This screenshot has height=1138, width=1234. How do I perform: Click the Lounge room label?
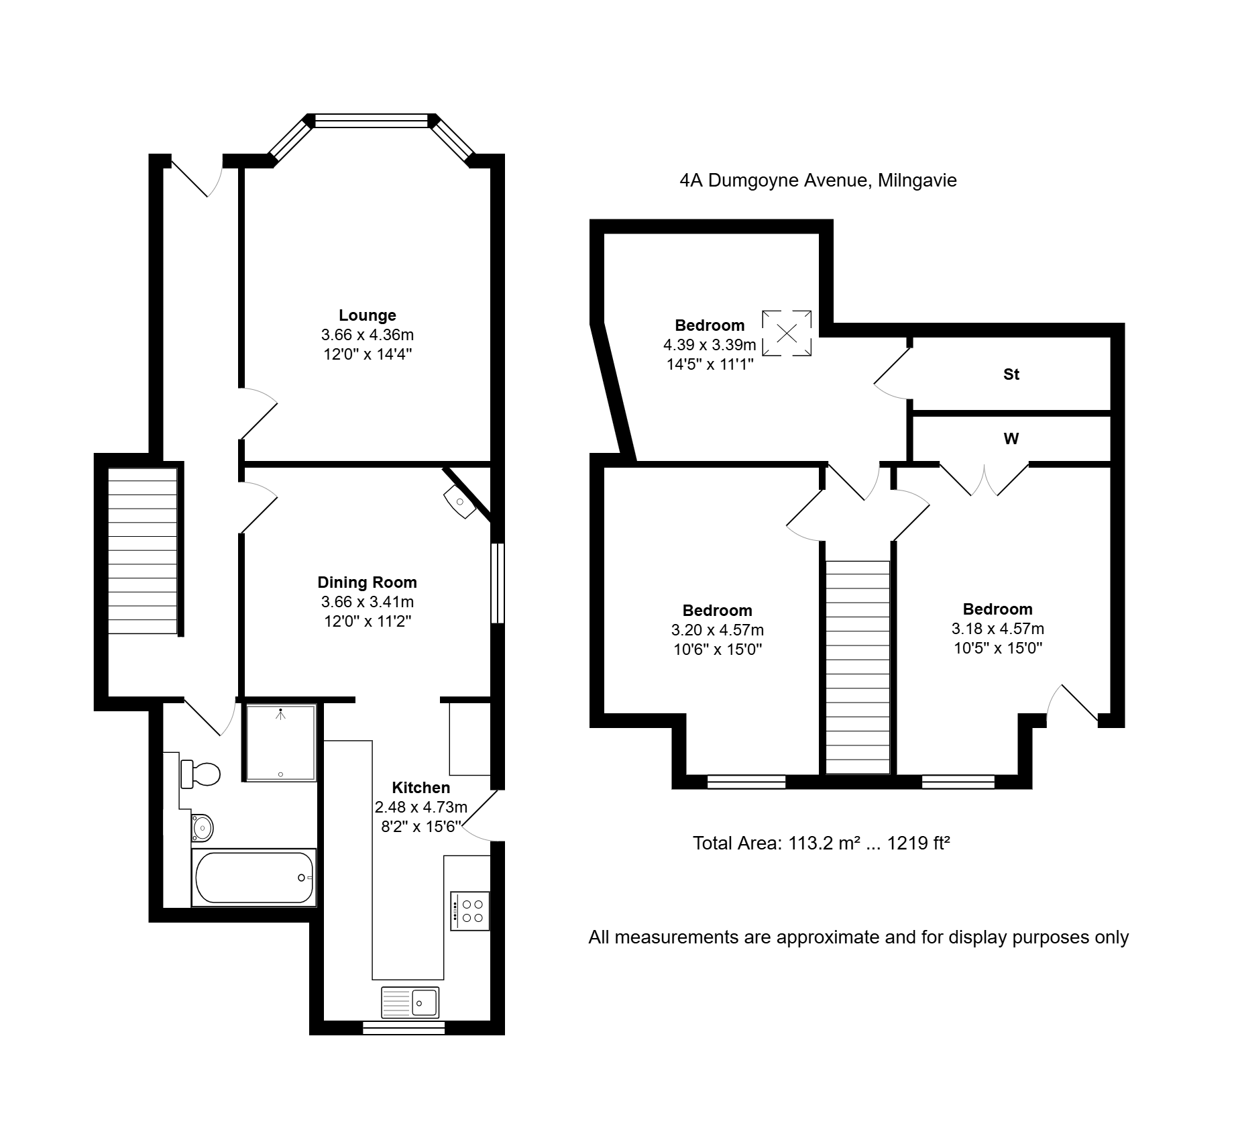(368, 315)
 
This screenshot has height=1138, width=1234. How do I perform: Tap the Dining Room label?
(367, 582)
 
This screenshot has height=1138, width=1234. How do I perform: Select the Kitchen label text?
(420, 788)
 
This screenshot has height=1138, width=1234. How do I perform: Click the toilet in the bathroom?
(201, 774)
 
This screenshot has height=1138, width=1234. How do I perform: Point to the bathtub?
(254, 878)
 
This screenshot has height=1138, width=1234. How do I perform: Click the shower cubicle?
(280, 742)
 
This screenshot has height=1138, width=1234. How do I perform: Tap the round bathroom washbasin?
(202, 827)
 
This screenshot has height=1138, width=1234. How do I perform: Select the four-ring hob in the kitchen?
(470, 911)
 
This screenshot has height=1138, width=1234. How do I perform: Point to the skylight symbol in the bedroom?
(787, 333)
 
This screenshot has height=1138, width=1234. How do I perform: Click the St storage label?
(1011, 374)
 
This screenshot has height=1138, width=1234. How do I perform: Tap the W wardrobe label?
(1011, 439)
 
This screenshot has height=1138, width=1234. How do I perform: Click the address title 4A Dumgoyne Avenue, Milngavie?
(818, 180)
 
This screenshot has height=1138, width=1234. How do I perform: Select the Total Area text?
(822, 843)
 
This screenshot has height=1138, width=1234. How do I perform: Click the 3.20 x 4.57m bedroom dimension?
(718, 630)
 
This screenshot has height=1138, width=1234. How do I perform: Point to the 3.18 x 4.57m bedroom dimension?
(998, 629)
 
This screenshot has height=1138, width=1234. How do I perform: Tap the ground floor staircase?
(143, 551)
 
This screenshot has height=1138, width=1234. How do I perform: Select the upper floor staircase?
(858, 668)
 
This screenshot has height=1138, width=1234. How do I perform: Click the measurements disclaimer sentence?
(858, 937)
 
